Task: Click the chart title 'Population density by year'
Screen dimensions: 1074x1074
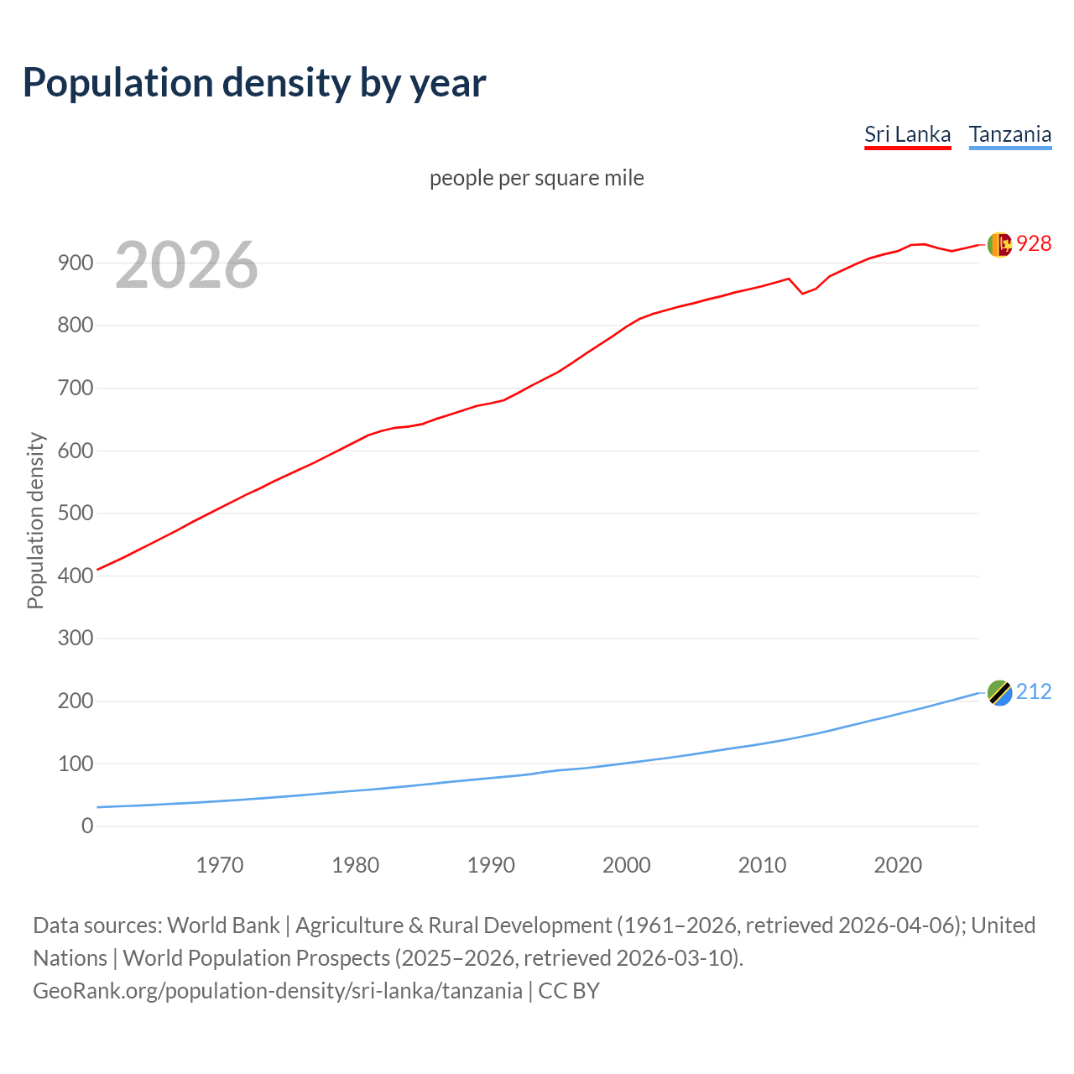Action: coord(254,83)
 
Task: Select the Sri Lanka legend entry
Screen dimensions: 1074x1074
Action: coord(907,134)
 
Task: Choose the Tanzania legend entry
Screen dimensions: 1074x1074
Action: coord(1009,134)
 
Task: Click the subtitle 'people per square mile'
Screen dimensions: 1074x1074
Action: coord(536,178)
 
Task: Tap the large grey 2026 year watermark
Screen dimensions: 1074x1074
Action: coord(186,265)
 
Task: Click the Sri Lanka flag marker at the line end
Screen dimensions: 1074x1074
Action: coord(998,244)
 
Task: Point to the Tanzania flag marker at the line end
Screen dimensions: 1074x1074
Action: coord(998,693)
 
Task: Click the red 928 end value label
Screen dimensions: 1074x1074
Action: coord(1034,243)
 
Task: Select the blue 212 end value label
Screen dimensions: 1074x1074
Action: coord(1034,692)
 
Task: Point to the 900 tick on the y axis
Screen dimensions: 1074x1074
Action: coord(76,263)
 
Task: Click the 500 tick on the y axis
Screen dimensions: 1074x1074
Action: coord(76,513)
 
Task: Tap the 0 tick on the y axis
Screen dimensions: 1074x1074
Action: coord(87,826)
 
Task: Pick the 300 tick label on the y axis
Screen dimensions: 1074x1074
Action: coord(76,638)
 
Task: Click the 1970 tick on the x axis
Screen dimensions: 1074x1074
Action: coord(220,865)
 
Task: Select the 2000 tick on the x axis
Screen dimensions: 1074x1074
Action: coord(627,865)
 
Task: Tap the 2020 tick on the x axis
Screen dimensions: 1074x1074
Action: coord(898,865)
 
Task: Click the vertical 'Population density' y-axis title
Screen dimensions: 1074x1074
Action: coord(35,520)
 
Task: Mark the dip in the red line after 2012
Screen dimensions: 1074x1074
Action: coord(802,293)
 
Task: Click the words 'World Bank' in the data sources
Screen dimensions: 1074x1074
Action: coord(223,925)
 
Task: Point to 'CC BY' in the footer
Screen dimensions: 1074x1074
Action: coord(569,991)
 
